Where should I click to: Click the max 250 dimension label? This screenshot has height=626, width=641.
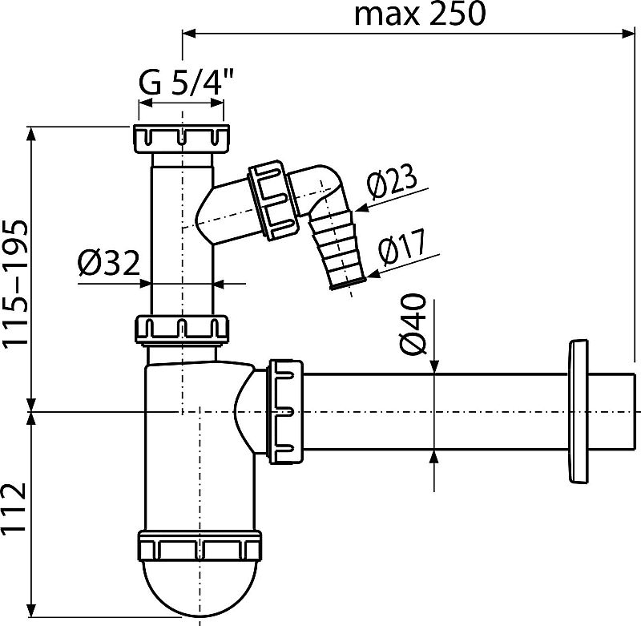coord(420,14)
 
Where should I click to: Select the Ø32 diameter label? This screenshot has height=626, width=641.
coord(109,263)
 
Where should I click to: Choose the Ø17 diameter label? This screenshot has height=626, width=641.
coord(402,247)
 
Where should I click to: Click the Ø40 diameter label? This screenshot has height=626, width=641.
coord(412,325)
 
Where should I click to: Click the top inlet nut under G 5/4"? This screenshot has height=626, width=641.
coord(181,139)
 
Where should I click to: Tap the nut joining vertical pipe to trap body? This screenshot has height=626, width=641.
coord(182,329)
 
